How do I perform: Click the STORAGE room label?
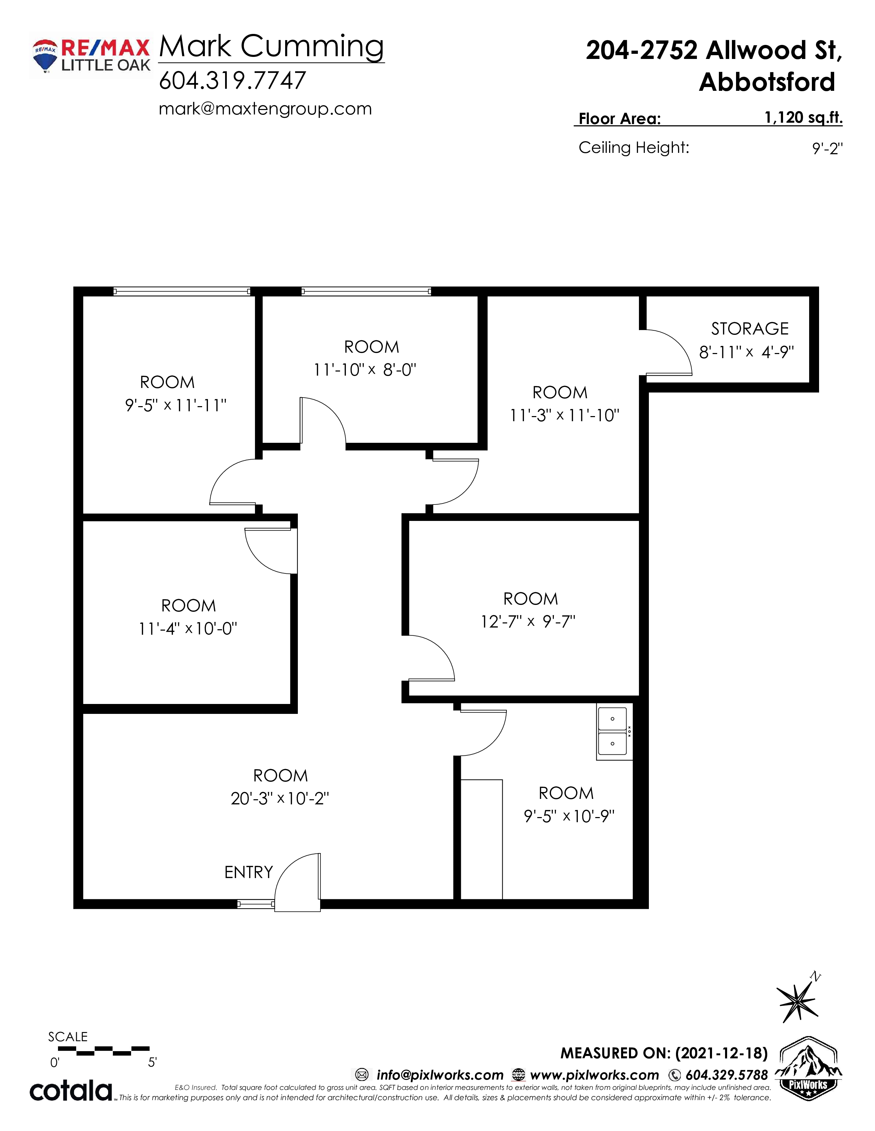tap(749, 329)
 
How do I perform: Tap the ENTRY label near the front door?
tap(248, 872)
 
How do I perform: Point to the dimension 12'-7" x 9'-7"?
tap(528, 621)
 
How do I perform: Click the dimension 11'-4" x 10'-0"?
tap(188, 629)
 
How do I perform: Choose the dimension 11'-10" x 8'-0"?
tap(365, 370)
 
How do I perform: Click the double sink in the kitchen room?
tap(614, 732)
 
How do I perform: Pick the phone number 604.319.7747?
tap(232, 80)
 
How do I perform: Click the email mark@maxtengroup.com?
tap(265, 109)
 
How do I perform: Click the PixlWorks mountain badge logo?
tap(809, 1069)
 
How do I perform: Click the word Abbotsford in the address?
tap(767, 82)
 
